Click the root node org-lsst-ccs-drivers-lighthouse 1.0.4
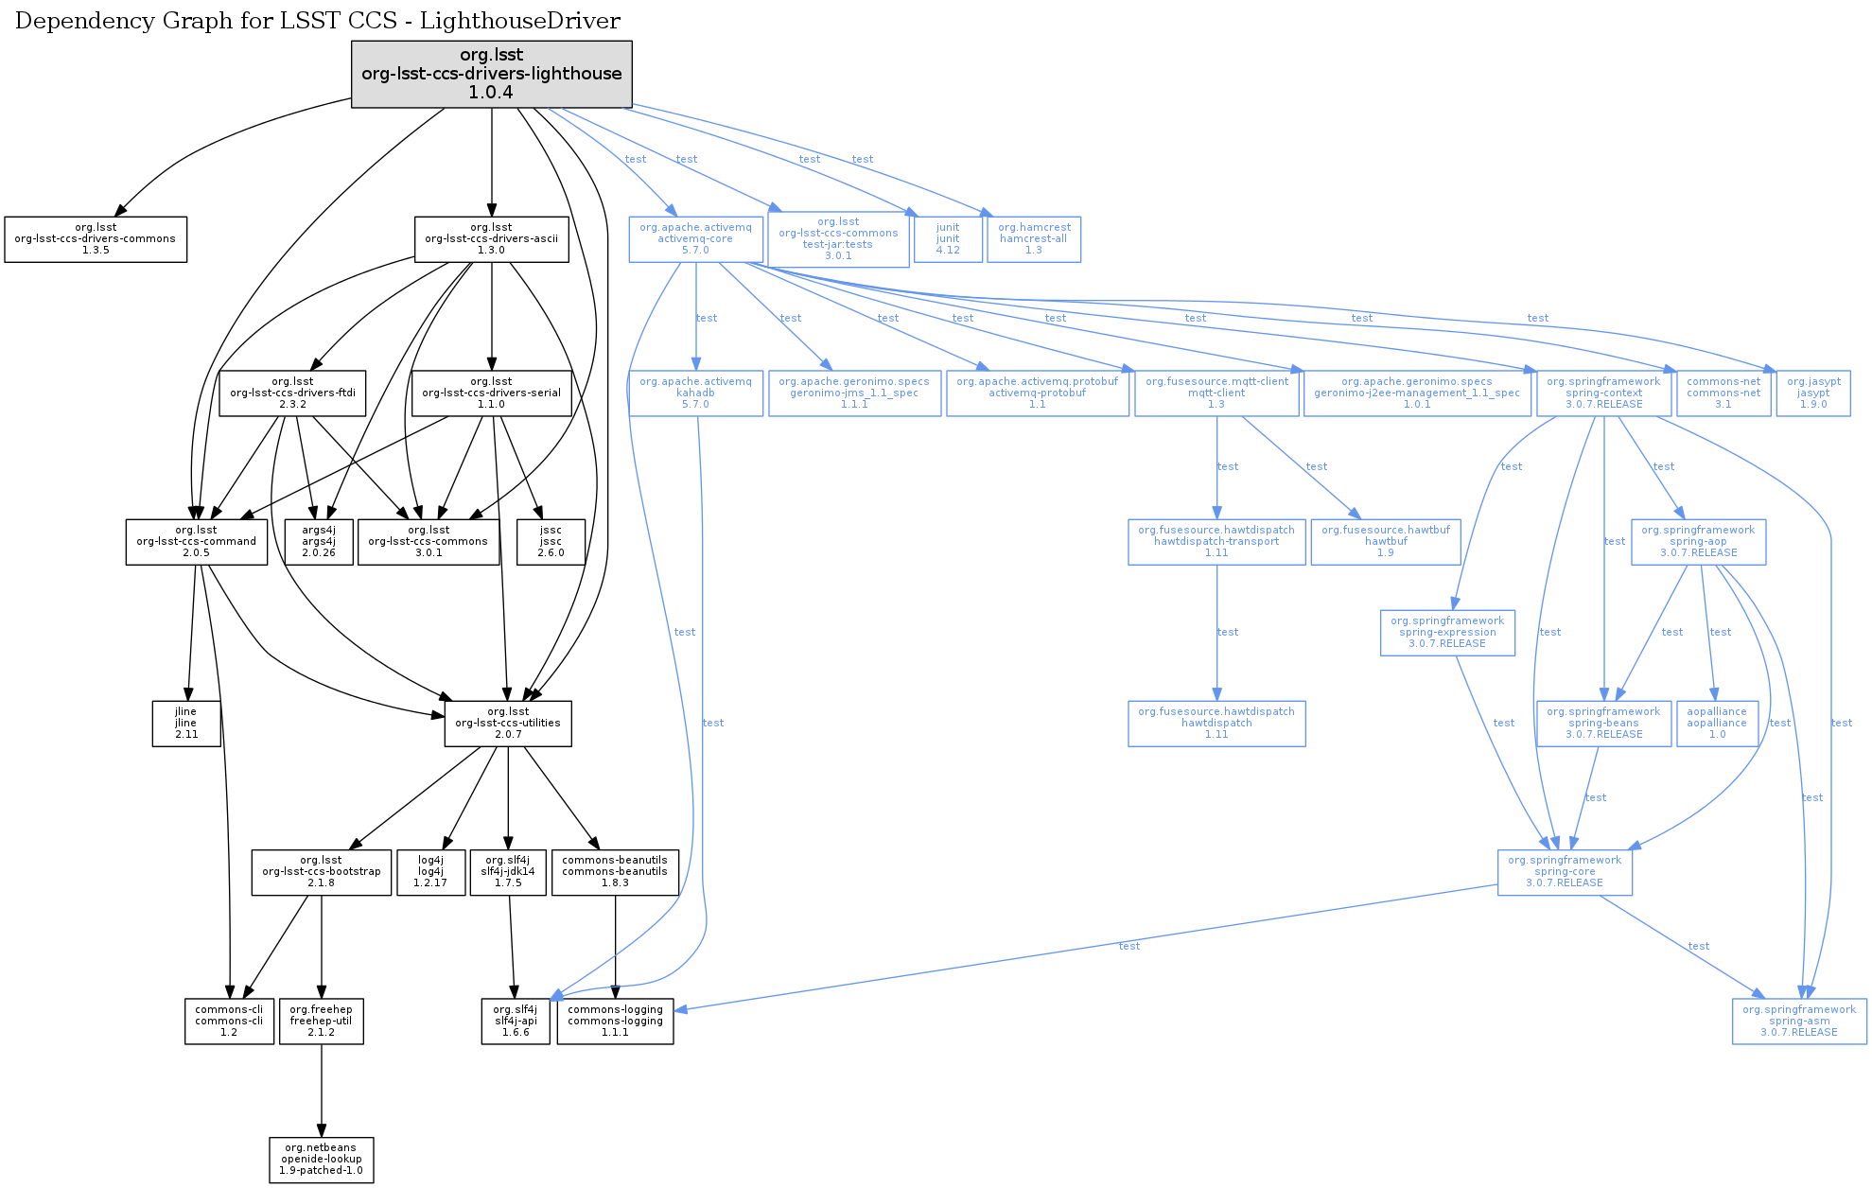click(x=491, y=74)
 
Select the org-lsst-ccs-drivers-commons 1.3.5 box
click(x=96, y=239)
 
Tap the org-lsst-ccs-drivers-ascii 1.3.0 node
click(x=491, y=239)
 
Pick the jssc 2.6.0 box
click(x=551, y=542)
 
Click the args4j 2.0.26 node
click(x=319, y=542)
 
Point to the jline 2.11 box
click(x=186, y=724)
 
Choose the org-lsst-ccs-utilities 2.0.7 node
click(x=508, y=724)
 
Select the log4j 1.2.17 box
click(x=430, y=872)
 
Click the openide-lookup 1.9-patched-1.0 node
click(x=322, y=1160)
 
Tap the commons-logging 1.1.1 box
click(x=615, y=1022)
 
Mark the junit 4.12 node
click(x=948, y=239)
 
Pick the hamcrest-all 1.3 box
click(x=1034, y=239)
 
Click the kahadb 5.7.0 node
click(x=695, y=393)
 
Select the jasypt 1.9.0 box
click(x=1813, y=393)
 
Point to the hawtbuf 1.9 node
click(x=1386, y=542)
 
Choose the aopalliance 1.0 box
click(x=1717, y=724)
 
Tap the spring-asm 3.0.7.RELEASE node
click(x=1799, y=1022)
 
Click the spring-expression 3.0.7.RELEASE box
click(x=1447, y=633)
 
